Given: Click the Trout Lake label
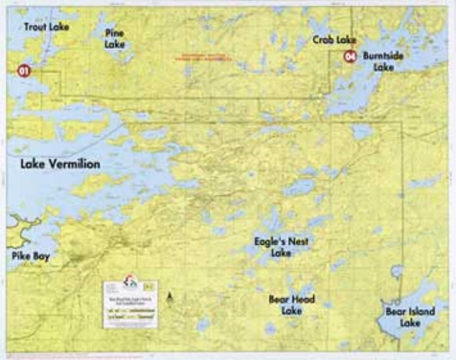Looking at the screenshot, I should [46, 27].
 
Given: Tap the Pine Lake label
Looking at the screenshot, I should [115, 39].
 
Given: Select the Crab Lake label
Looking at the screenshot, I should [334, 40].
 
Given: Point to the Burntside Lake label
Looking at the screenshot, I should [383, 62].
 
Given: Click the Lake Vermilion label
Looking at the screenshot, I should [60, 164].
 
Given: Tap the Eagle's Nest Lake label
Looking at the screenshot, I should [281, 247].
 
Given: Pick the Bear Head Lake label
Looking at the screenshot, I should [291, 304].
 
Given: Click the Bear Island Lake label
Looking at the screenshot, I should [410, 317].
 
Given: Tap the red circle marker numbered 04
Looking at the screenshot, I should [350, 57].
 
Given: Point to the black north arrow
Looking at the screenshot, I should [170, 297].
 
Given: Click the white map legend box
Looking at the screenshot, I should [130, 305].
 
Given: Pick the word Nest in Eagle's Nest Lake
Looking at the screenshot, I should [298, 242].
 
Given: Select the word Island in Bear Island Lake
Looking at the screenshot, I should [420, 311].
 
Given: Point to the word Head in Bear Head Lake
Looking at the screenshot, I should [304, 299].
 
